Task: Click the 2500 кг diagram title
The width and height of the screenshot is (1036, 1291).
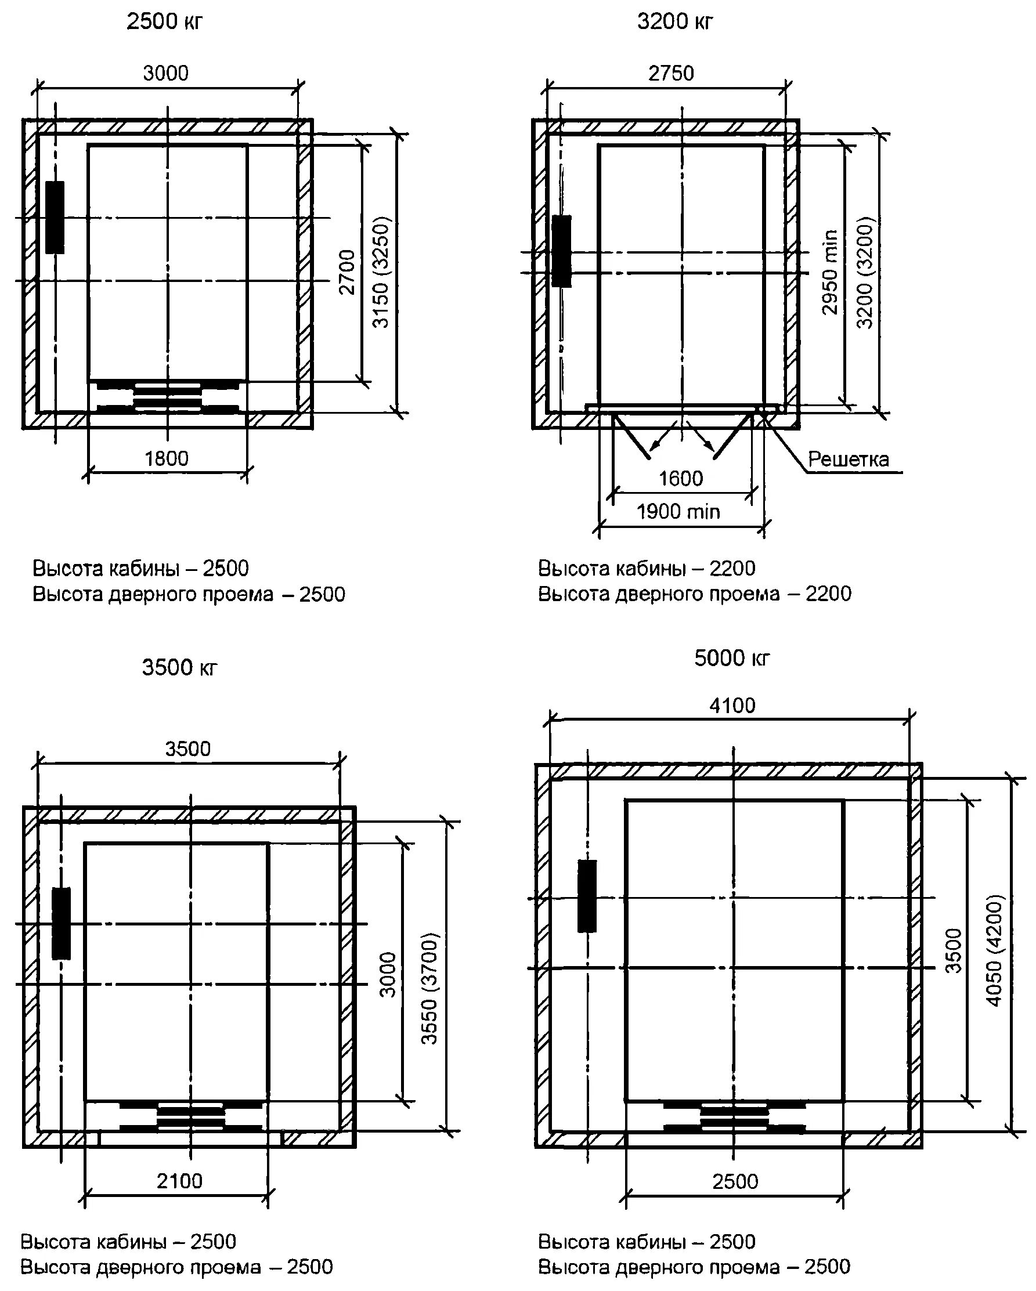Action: click(165, 22)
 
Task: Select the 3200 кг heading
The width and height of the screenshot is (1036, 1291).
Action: click(675, 22)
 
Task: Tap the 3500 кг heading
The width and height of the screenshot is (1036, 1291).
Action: click(180, 668)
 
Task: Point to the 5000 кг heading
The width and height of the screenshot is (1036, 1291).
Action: click(732, 658)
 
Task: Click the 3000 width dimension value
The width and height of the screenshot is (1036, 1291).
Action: click(166, 73)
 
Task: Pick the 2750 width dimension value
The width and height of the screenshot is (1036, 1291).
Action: click(672, 73)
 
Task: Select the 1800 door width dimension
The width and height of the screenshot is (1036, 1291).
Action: click(167, 459)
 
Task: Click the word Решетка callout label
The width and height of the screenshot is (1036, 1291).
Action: click(848, 460)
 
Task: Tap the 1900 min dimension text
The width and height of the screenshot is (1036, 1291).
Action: click(678, 512)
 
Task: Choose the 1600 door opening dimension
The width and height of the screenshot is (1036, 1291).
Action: click(680, 479)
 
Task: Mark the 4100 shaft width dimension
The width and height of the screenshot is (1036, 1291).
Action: click(732, 706)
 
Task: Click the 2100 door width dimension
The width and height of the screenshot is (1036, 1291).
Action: click(180, 1181)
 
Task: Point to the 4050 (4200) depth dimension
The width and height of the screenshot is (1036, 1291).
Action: click(994, 959)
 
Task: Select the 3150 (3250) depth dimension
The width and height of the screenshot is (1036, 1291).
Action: click(381, 273)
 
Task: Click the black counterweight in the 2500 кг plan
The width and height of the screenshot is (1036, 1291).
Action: click(55, 218)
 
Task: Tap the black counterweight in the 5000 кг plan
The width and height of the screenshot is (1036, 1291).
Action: click(587, 896)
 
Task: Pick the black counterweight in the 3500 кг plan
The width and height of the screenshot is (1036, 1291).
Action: click(61, 923)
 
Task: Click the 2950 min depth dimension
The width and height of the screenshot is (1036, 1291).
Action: click(830, 272)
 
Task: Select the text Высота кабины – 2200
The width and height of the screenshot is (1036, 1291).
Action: click(647, 567)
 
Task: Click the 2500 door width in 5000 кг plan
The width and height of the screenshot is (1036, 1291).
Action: click(735, 1181)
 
